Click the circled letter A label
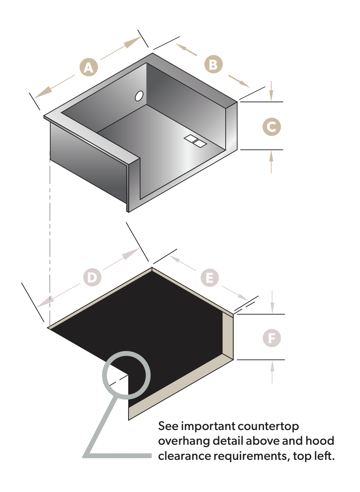89,67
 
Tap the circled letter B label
213,64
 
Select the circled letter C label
272,127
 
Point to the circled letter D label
92,277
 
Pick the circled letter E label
210,278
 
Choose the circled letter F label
272,338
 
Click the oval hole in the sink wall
139,96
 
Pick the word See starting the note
168,426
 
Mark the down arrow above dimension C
271,91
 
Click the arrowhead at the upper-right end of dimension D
131,254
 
